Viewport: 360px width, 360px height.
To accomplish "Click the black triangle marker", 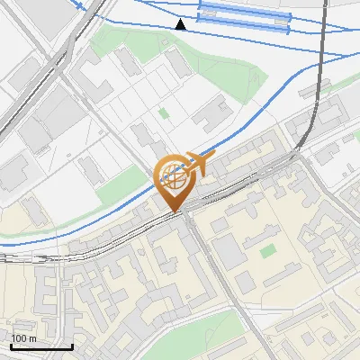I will (181, 24).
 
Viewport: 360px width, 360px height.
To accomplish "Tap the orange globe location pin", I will (174, 181).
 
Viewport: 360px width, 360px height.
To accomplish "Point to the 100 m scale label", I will (23, 338).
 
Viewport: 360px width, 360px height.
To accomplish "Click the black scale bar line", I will (40, 346).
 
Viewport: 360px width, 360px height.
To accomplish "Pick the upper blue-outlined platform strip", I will (244, 10).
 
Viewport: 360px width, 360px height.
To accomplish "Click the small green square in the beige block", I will (267, 250).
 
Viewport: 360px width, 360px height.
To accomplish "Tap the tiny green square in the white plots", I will (163, 113).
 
